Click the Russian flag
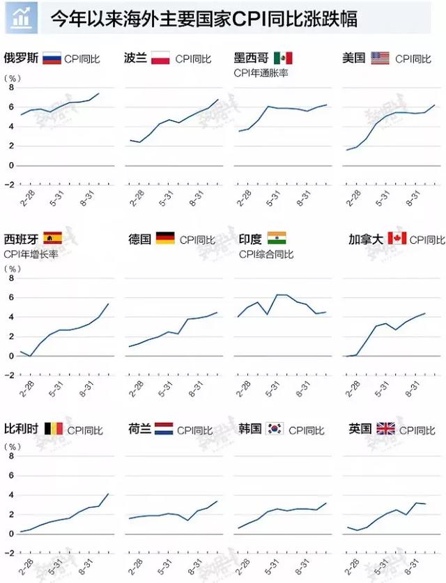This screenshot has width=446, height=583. coord(52,58)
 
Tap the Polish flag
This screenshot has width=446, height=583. coord(161,58)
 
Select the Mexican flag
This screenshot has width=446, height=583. coord(283,58)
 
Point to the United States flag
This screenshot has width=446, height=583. coord(380,58)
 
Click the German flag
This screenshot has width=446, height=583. coord(165,239)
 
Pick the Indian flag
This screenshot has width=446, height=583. coord(277,239)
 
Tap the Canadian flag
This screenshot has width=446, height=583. coord(397,239)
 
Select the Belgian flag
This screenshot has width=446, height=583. coord(53,428)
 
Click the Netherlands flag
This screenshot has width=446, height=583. coord(164,428)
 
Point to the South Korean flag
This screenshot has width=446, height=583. coord(275,428)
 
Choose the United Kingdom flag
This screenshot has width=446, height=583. coord(385,428)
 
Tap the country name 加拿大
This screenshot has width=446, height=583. coord(366,239)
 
